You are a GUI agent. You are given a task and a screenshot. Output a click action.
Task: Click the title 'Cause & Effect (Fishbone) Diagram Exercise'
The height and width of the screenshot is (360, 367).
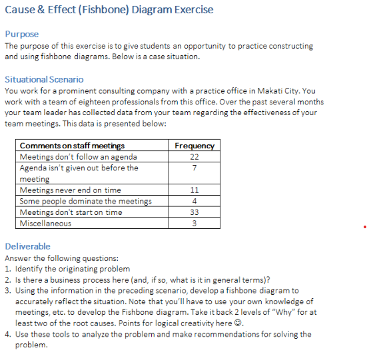click(x=109, y=10)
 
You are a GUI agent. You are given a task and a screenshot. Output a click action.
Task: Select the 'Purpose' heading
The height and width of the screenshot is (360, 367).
click(x=22, y=34)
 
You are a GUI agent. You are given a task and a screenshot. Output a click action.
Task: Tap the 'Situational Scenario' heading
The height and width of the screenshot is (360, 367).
click(x=44, y=79)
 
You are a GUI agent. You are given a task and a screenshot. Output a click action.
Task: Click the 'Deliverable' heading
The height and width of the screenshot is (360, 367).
click(x=27, y=246)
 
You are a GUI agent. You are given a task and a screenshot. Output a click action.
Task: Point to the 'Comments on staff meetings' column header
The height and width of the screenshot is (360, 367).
click(x=72, y=146)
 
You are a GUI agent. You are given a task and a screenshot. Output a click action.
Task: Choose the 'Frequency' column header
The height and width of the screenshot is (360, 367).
click(x=194, y=146)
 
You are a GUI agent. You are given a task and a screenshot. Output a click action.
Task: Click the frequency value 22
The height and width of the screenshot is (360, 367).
click(x=194, y=156)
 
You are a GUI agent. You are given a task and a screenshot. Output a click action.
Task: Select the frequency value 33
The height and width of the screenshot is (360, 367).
click(x=194, y=212)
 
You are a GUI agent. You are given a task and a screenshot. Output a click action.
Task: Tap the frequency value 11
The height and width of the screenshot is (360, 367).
click(x=194, y=190)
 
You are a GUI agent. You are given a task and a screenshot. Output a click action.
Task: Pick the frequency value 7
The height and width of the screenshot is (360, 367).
click(x=194, y=168)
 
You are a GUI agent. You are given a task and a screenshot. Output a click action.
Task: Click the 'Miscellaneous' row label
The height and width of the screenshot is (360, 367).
click(x=45, y=224)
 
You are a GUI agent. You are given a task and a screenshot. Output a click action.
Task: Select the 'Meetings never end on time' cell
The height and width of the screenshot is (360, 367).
click(x=70, y=190)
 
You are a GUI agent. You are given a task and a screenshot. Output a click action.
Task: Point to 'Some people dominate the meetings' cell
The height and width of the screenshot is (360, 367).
click(x=85, y=202)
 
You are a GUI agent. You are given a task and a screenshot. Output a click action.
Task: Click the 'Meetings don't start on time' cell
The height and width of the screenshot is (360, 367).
click(x=71, y=212)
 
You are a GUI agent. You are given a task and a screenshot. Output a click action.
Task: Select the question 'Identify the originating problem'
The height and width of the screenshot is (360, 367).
click(x=73, y=269)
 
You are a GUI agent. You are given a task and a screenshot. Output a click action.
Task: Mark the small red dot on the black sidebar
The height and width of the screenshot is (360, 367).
click(x=365, y=227)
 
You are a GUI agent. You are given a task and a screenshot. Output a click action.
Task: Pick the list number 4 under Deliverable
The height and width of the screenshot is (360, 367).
click(x=8, y=334)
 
